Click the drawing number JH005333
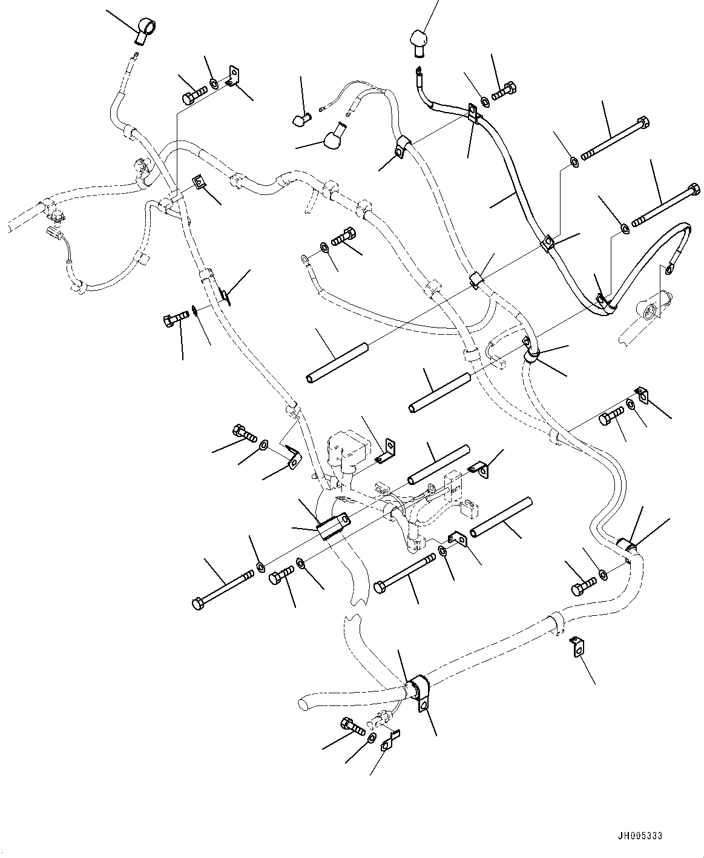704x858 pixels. point(639,836)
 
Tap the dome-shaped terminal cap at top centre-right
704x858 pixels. point(419,41)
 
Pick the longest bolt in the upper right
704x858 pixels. point(616,140)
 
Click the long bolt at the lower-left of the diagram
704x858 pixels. point(222,589)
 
